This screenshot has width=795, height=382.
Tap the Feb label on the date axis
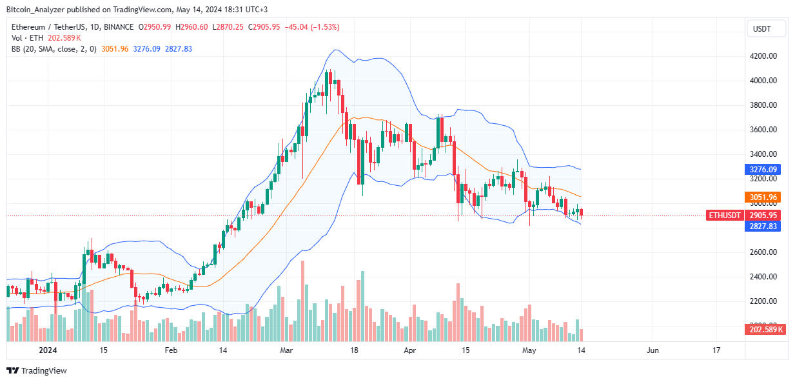pyautogui.click(x=170, y=350)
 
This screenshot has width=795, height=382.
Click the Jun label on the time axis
pyautogui.click(x=652, y=350)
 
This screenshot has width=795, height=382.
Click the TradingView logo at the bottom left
pyautogui.click(x=36, y=370)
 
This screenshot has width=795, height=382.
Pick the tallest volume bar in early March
pyautogui.click(x=302, y=301)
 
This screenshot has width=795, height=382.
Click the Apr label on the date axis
pyautogui.click(x=409, y=350)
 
